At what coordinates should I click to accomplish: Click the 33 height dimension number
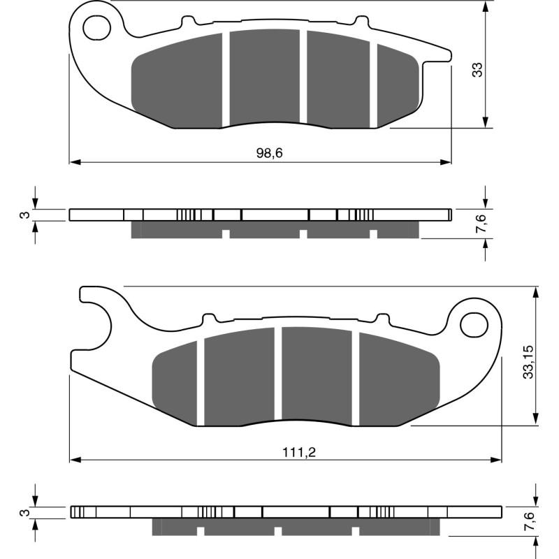tap(477, 69)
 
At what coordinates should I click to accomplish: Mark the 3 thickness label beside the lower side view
tap(23, 514)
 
